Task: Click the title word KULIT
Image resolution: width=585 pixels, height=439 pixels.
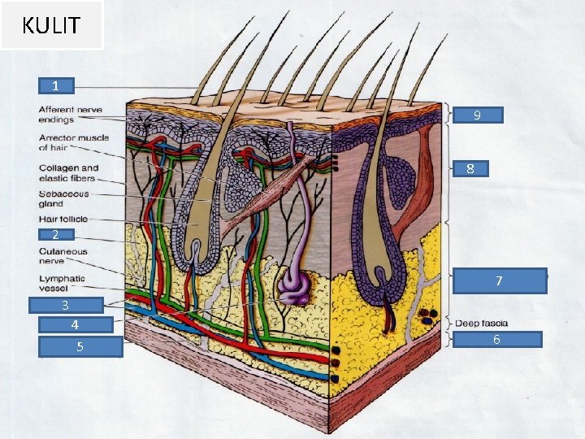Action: pos(51,25)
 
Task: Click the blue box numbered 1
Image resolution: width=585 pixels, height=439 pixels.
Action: pos(55,85)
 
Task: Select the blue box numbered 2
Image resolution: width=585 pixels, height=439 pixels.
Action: pos(55,235)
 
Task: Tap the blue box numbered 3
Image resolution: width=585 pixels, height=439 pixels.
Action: pos(66,306)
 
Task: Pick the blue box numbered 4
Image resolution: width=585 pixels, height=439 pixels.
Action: pos(75,325)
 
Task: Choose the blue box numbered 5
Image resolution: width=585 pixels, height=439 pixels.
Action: pos(80,347)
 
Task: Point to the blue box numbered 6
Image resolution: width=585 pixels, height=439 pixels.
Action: pos(496,339)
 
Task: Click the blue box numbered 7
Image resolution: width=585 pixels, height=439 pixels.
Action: pos(500,280)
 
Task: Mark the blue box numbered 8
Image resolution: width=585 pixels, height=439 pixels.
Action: pos(470,169)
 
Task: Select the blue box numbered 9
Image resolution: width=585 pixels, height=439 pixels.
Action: pos(477,115)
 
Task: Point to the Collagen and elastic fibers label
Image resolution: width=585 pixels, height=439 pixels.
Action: pos(67,173)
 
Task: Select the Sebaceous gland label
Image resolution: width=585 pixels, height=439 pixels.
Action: pos(63,199)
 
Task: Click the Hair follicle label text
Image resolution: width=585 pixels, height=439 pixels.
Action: pos(63,219)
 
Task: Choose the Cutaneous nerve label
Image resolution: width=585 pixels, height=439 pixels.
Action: pos(63,256)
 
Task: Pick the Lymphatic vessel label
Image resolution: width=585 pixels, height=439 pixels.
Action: pos(62,284)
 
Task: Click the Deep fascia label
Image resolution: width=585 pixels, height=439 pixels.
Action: pos(481,324)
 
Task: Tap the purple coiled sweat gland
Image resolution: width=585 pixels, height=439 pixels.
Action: pos(291,285)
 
